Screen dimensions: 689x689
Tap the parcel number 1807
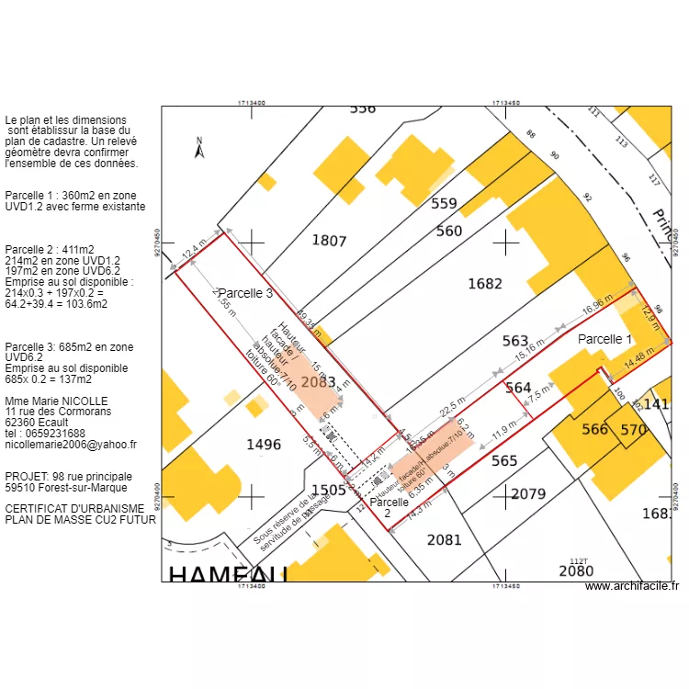pos(329,241)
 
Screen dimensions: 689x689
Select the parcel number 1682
pos(485,284)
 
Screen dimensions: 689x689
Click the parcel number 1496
pos(264,445)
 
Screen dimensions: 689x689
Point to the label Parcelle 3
pos(245,294)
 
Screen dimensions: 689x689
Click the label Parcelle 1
pos(604,339)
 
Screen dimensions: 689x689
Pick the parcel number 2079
pos(528,494)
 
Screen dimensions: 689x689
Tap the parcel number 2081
pos(445,539)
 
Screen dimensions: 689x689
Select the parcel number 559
pos(444,204)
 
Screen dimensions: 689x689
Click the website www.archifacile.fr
pos(631,586)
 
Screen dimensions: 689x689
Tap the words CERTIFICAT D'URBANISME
pos(74,508)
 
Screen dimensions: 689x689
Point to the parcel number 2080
pos(576,571)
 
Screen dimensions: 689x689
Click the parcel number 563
pos(515,342)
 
